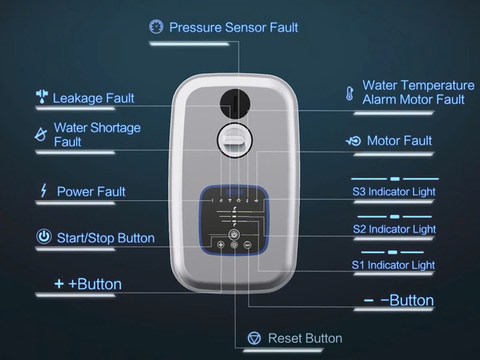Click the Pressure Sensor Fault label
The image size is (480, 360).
tap(234, 27)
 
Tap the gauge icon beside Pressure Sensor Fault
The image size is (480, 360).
tap(156, 26)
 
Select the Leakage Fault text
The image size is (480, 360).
tap(93, 98)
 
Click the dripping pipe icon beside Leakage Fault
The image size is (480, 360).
tap(42, 96)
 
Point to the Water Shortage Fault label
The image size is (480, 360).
tap(97, 134)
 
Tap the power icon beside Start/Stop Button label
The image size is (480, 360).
tap(44, 236)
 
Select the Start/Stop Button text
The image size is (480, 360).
tap(106, 238)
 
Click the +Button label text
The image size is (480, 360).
tap(95, 284)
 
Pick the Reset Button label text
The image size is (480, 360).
tap(305, 338)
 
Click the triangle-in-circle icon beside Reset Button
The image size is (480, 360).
tap(254, 338)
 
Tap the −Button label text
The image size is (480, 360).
tap(407, 300)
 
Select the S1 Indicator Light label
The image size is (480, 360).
tap(393, 265)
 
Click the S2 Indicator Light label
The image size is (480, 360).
tap(394, 229)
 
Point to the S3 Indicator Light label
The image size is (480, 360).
tap(394, 192)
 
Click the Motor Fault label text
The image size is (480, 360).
tap(399, 140)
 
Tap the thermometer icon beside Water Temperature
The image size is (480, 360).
tap(350, 94)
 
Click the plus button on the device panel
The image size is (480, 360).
tap(221, 245)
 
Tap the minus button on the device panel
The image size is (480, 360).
tap(248, 245)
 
